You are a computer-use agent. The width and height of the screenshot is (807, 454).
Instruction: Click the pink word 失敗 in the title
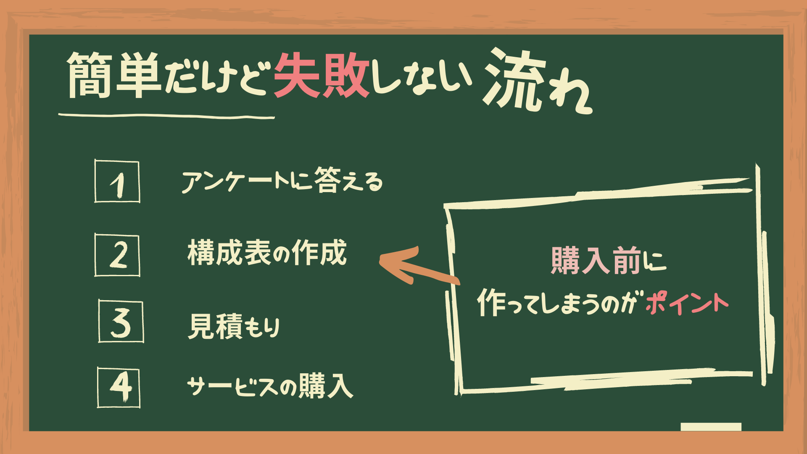tap(322, 76)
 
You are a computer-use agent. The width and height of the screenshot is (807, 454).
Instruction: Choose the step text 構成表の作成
tap(267, 253)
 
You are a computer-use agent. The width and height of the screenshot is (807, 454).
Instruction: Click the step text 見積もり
tap(234, 326)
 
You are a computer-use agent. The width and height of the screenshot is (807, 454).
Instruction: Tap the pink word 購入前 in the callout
tap(596, 261)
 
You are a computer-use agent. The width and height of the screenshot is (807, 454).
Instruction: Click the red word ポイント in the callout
tap(687, 304)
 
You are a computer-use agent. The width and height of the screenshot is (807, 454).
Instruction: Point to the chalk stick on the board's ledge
tap(711, 427)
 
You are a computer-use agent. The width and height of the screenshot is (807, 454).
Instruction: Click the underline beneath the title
tap(166, 116)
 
